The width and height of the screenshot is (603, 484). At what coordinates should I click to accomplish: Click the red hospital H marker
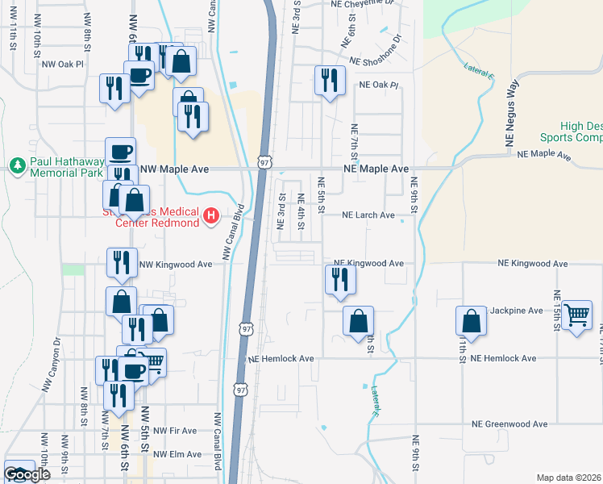(211, 215)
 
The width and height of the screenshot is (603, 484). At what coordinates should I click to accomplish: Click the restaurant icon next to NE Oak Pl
(329, 80)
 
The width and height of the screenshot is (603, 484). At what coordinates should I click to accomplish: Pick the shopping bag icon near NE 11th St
(471, 321)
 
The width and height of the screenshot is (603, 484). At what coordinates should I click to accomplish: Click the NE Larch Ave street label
(368, 215)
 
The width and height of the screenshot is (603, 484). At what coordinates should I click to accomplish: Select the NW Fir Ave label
(175, 431)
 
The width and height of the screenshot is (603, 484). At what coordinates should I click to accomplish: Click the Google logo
(26, 474)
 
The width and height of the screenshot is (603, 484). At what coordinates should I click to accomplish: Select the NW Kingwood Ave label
(176, 264)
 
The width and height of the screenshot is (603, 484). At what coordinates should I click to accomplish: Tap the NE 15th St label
(556, 311)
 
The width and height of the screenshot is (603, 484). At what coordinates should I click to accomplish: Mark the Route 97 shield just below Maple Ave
(264, 161)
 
